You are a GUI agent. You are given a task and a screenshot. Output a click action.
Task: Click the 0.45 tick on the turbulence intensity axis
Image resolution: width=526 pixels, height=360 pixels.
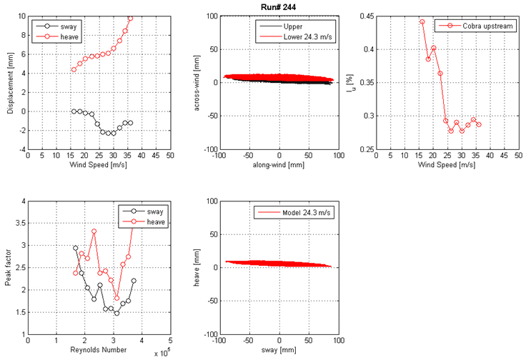372,16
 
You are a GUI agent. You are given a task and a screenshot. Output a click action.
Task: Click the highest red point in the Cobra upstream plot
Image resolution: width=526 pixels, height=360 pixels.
422,22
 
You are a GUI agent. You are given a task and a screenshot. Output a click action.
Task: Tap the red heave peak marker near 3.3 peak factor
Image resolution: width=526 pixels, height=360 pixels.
94,231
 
